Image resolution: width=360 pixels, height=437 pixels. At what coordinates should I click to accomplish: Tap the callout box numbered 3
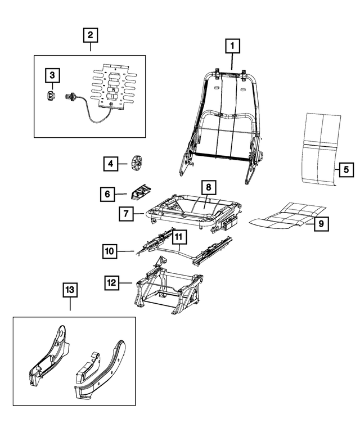[52, 74]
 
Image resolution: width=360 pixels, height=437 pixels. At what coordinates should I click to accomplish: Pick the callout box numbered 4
[111, 164]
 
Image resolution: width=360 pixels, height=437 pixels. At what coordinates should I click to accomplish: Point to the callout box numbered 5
[346, 168]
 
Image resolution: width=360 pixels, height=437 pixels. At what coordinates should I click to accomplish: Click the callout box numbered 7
[126, 214]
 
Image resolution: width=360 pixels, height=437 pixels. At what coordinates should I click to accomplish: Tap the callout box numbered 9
[321, 224]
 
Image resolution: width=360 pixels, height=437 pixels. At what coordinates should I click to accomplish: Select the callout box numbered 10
[110, 250]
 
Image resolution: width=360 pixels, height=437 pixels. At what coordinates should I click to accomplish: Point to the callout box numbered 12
[112, 281]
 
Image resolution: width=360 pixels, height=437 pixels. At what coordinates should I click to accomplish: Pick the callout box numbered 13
[69, 290]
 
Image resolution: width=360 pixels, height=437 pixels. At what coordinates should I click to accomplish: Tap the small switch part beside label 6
[139, 192]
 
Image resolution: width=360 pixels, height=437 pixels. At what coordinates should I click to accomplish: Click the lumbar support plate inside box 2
[115, 88]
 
